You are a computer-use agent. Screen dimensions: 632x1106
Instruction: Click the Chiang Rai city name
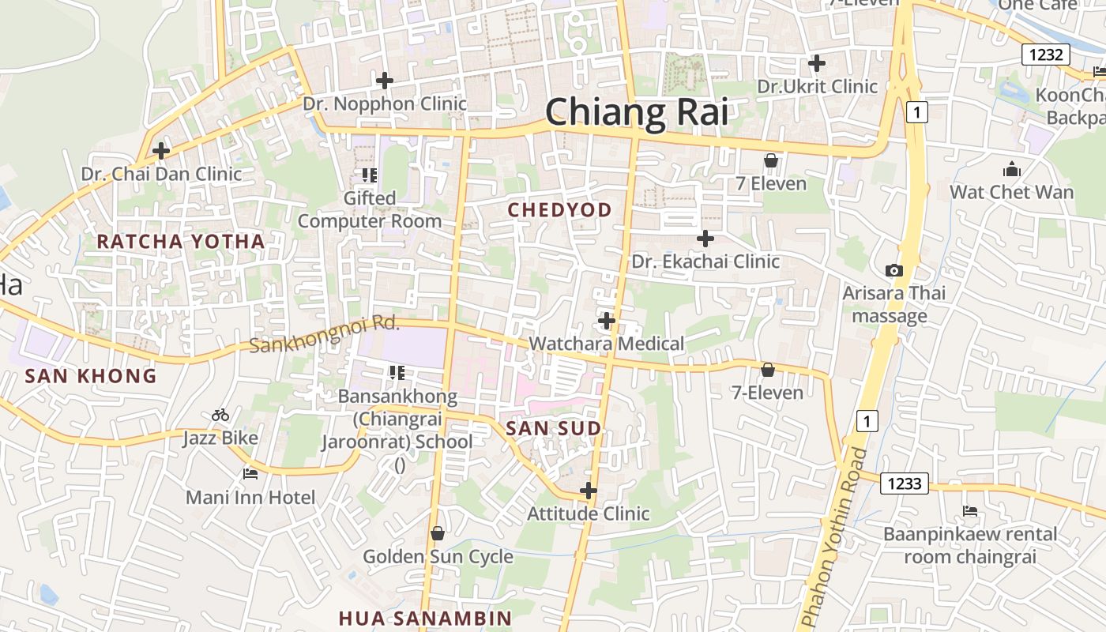(x=637, y=111)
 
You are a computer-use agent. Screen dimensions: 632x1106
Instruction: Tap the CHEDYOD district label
(x=560, y=209)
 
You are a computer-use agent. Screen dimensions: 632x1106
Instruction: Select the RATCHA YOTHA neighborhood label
(x=181, y=242)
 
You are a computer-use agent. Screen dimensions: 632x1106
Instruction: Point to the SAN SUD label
(x=553, y=429)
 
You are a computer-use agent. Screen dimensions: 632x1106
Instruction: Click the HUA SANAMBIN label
(x=426, y=618)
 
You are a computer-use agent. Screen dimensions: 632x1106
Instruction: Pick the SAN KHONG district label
(x=91, y=376)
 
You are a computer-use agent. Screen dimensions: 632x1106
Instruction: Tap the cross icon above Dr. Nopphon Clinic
(x=385, y=81)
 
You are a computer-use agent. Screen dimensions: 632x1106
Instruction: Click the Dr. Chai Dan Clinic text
(x=162, y=174)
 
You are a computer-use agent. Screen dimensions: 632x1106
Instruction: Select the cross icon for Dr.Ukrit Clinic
(x=817, y=63)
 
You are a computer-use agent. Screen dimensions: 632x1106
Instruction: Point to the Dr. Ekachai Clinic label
(x=705, y=261)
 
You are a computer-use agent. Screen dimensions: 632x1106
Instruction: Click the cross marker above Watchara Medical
(x=607, y=321)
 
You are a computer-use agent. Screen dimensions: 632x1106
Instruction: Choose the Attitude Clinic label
(x=589, y=513)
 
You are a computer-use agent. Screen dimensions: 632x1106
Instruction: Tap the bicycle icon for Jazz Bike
(x=220, y=415)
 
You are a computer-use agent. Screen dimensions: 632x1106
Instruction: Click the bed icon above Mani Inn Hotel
(x=250, y=474)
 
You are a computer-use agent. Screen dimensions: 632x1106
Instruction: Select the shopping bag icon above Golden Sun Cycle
(x=438, y=534)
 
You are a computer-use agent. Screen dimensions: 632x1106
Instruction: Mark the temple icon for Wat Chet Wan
(x=1011, y=169)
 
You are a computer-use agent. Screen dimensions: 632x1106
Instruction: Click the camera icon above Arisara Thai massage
(x=894, y=271)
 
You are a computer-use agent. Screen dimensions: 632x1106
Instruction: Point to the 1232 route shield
(x=1046, y=55)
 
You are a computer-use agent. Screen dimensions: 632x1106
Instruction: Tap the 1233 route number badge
(x=905, y=483)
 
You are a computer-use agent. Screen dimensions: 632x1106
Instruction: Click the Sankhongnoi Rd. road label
(x=325, y=335)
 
